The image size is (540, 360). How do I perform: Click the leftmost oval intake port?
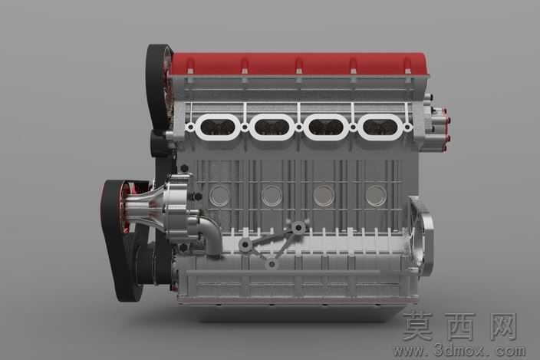pos(217,127)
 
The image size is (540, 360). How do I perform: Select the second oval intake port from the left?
pos(272,127)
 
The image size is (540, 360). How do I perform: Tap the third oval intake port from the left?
pos(325,127)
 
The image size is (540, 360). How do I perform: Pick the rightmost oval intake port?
pos(380,127)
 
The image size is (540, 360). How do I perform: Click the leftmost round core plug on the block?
pos(219,196)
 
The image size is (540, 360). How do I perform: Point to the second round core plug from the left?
pos(272,196)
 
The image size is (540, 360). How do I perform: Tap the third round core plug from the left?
pos(324,196)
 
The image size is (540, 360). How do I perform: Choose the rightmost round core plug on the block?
pos(376,196)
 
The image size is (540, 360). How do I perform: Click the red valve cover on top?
pos(299,64)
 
